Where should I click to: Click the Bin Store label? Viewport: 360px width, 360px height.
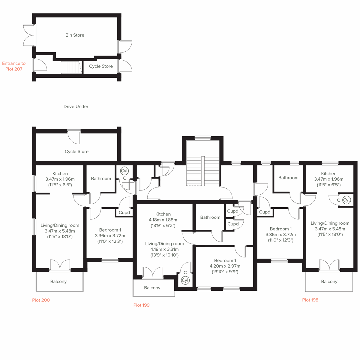75,35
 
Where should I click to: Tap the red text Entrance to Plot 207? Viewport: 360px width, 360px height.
14,66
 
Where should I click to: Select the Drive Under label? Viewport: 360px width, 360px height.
76,106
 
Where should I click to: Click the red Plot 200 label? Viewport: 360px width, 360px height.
41,300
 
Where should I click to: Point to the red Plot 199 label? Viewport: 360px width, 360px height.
141,305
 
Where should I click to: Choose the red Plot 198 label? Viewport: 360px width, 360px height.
310,300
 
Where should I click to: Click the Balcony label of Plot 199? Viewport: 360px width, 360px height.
152,288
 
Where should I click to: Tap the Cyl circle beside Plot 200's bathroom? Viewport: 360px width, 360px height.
124,171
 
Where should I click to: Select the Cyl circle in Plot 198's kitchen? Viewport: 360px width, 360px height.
346,200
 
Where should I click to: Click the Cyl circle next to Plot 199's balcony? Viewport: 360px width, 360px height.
185,280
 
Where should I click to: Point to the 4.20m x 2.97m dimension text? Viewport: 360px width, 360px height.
225,266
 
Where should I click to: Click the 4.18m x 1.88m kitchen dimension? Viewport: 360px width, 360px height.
163,220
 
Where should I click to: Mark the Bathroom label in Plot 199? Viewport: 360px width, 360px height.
210,217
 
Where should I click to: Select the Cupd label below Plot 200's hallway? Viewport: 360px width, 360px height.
124,212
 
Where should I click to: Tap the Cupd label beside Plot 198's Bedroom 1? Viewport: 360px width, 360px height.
264,212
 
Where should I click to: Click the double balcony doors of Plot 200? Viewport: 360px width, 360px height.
60,265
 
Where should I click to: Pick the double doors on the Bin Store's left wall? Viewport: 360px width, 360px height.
29,35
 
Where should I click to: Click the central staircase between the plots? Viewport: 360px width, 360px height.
203,171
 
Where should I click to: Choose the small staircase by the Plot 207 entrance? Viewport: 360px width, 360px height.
71,67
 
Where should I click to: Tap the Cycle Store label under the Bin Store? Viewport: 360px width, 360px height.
101,66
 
